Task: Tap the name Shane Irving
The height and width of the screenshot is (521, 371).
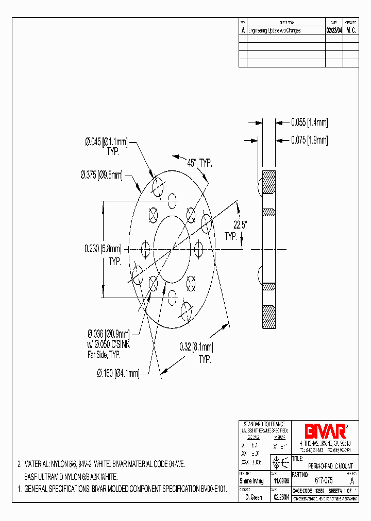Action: tap(251, 481)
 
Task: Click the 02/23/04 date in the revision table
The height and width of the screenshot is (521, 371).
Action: tap(334, 30)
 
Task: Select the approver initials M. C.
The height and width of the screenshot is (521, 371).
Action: tap(351, 30)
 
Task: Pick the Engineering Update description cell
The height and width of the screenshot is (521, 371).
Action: tap(274, 30)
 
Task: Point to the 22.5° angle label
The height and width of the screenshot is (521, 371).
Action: tap(240, 224)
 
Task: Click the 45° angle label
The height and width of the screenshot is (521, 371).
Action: tap(192, 163)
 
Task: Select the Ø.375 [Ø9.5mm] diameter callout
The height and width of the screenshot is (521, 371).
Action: tap(102, 175)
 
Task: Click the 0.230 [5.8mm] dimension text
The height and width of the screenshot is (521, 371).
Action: tap(103, 249)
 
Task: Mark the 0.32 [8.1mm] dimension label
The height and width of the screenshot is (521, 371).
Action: tap(196, 348)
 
